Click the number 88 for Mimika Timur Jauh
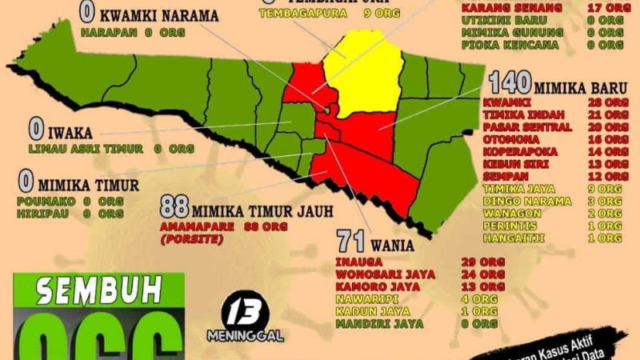click(x=174, y=206)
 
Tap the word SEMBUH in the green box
click(x=99, y=287)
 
